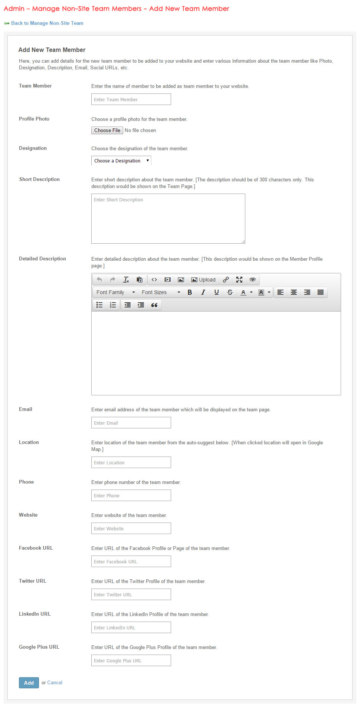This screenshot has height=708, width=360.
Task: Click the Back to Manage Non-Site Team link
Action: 47,23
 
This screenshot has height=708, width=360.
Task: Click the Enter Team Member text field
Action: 131,99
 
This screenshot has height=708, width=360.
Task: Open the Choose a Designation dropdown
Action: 121,161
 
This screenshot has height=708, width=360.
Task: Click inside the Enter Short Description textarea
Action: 168,218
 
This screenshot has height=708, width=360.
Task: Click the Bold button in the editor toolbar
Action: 190,292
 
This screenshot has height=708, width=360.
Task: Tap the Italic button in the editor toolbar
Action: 203,292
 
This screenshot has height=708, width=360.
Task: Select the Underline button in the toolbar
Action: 216,292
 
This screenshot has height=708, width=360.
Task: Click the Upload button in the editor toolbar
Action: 203,280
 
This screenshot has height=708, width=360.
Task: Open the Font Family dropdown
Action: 115,292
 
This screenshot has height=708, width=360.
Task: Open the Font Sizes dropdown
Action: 161,292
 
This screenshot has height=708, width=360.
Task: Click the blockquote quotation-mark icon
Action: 154,305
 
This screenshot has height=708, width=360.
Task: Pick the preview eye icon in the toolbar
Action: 253,280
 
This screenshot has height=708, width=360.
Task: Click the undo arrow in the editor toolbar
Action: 99,280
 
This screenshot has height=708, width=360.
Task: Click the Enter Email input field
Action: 131,423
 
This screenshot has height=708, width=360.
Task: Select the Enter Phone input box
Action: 131,495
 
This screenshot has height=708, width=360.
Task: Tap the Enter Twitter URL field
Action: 131,595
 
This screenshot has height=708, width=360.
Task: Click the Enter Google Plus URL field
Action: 131,661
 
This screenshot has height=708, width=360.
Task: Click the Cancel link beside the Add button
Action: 55,682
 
